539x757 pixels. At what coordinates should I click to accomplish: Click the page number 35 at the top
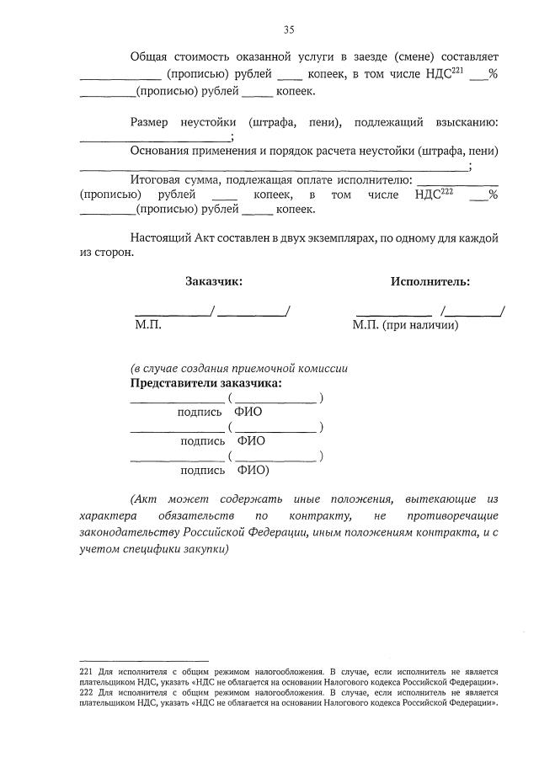click(288, 29)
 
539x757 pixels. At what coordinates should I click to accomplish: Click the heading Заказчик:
click(214, 282)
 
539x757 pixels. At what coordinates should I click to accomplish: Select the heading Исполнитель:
click(430, 282)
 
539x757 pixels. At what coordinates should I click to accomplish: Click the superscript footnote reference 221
click(457, 69)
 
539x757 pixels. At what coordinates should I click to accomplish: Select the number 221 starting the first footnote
click(85, 670)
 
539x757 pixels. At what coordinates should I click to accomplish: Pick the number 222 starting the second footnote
click(85, 691)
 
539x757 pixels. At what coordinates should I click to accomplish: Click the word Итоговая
click(157, 179)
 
